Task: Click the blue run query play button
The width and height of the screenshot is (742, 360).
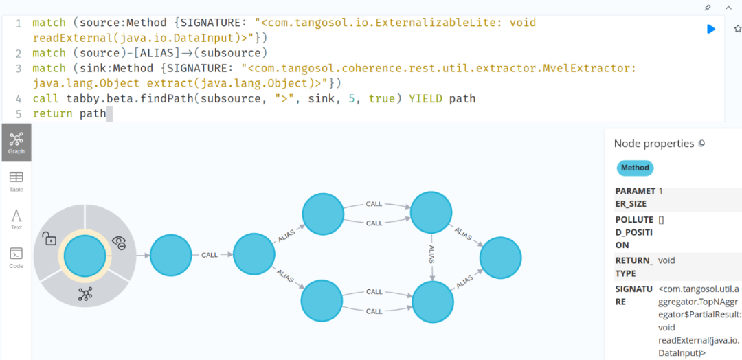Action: coord(711,29)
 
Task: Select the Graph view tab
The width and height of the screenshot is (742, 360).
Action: coord(16,142)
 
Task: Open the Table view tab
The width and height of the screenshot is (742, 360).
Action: coord(16,181)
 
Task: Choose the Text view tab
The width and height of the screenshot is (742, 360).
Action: coord(16,219)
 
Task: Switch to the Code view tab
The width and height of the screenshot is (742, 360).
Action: coord(16,257)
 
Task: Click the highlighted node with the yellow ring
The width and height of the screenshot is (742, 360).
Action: coord(85,255)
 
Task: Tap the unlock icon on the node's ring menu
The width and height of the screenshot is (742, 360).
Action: coord(49,238)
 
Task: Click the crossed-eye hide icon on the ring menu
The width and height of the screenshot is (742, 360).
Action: coord(119,242)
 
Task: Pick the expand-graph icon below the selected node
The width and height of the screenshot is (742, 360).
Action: coord(85,294)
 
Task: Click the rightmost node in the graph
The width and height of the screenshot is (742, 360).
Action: coord(500,258)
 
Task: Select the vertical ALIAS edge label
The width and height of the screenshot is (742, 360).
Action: coord(431,254)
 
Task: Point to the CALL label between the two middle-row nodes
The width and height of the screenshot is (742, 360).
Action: coord(210,255)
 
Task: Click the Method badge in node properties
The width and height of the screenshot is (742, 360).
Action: coord(634,168)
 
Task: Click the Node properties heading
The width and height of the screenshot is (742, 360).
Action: coord(653,144)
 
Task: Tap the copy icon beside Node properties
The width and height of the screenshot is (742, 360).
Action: coord(701,144)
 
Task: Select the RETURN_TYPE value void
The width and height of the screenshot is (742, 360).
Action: coord(667,261)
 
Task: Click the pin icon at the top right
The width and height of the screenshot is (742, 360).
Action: coord(708,8)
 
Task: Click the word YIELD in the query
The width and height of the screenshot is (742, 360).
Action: coord(426,98)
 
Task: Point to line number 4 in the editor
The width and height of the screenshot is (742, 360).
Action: coord(19,98)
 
